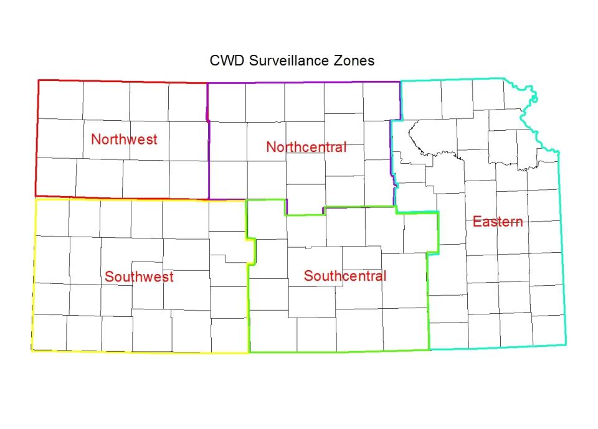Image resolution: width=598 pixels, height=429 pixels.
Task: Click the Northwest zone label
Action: tap(124, 139)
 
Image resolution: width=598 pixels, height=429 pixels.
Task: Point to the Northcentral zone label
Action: tap(306, 147)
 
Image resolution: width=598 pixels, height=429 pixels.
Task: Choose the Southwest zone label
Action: tap(139, 276)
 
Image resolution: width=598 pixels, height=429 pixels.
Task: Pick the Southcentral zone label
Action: tap(345, 276)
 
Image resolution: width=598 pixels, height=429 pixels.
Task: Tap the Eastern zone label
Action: tap(497, 221)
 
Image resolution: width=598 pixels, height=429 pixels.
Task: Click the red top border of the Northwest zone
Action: tap(125, 82)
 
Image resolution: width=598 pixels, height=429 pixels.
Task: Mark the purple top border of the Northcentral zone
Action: tap(305, 82)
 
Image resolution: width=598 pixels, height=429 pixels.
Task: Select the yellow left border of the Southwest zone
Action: tap(34, 274)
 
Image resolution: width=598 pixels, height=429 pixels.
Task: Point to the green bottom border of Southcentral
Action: tap(339, 351)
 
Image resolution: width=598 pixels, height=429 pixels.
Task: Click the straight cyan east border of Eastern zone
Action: tap(561, 249)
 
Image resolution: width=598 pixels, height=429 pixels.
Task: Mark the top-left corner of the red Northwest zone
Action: tap(39, 80)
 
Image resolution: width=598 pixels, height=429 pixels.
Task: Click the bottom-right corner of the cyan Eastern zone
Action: tap(566, 344)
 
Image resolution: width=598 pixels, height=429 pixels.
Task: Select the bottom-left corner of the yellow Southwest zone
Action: tap(32, 351)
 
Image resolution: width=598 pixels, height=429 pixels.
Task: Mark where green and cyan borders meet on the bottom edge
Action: tap(430, 349)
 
